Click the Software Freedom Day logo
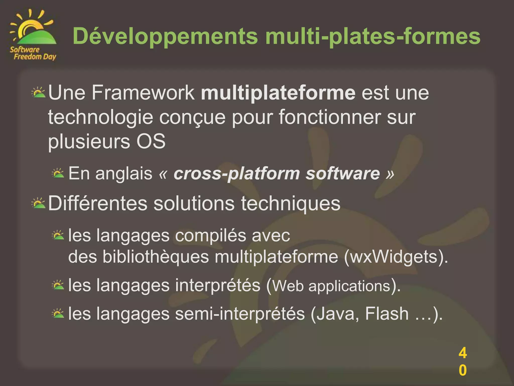33,35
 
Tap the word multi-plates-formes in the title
373,36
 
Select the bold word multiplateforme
278,93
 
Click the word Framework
143,93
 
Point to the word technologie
100,117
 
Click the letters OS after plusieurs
151,141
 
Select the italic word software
343,173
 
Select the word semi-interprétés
240,314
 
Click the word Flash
387,314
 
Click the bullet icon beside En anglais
58,173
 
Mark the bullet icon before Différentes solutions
38,203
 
